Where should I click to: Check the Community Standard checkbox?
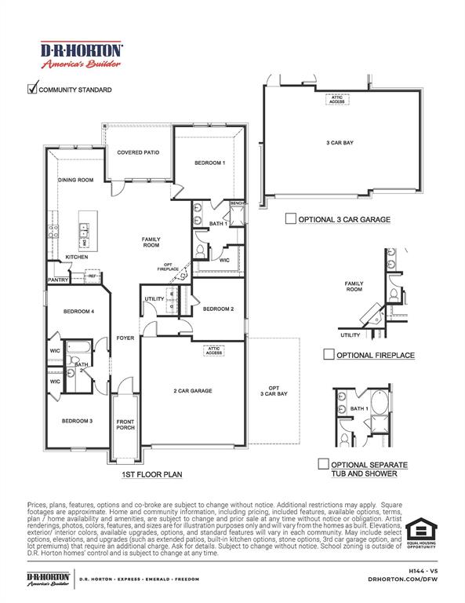tap(33, 89)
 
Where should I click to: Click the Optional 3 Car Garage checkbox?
tap(290, 219)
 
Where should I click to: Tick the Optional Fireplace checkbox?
tap(329, 355)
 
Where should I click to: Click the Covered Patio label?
tap(139, 152)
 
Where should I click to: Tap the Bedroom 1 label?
tap(209, 163)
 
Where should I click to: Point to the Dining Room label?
tap(76, 180)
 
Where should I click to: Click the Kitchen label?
tap(76, 257)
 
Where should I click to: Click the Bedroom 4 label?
tap(78, 312)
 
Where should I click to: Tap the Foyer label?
tap(125, 338)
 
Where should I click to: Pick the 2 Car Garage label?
tap(193, 390)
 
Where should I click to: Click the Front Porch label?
tap(125, 424)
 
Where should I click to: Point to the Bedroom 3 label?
tap(78, 421)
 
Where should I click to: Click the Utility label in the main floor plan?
tap(154, 299)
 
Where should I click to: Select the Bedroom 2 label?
tap(218, 309)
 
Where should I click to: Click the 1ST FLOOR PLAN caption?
tap(151, 474)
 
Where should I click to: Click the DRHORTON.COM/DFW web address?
tap(401, 578)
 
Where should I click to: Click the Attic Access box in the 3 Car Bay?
tap(336, 99)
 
